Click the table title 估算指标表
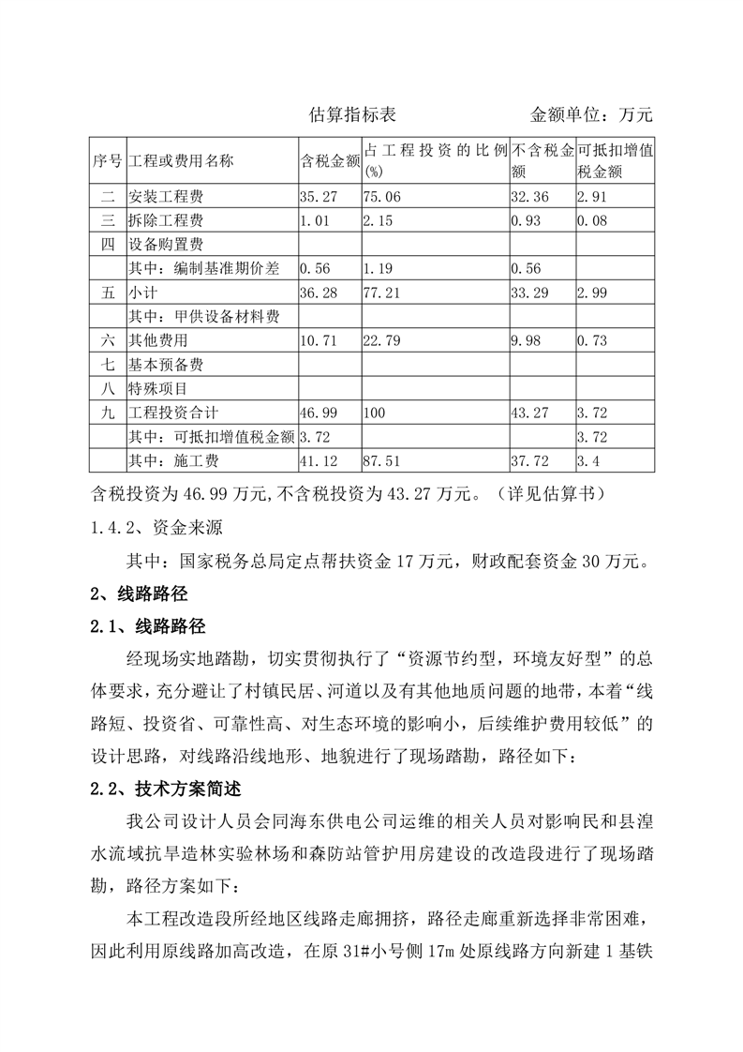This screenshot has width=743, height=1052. pos(352,115)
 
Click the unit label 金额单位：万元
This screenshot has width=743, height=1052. pos(590,115)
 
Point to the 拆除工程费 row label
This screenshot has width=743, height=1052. pos(166,222)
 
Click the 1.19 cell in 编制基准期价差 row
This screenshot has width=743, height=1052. pos(378,270)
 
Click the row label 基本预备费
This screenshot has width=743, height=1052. pos(166,365)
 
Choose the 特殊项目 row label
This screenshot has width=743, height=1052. pos(158,388)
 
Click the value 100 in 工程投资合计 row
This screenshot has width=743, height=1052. pos(375,413)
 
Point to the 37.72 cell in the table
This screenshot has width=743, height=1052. pos(529,460)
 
